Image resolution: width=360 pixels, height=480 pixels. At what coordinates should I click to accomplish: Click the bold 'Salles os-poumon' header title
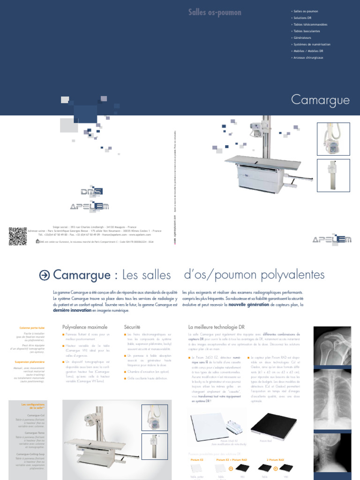215,13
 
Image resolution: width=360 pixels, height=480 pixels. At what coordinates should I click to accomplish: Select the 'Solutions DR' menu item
302,17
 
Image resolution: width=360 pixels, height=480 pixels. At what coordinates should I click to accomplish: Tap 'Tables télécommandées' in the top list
310,24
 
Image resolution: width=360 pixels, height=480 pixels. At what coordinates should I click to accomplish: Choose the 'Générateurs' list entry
302,37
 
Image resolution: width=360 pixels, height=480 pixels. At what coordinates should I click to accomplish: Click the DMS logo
91,191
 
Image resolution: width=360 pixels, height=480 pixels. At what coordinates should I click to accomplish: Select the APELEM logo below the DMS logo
89,206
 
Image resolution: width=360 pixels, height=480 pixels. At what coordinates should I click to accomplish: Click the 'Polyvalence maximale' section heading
85,326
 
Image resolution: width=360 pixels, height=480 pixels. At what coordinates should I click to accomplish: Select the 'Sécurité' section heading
133,326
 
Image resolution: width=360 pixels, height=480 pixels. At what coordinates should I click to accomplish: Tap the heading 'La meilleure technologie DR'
216,326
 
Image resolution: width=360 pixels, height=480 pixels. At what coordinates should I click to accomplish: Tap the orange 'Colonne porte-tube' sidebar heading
32,328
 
